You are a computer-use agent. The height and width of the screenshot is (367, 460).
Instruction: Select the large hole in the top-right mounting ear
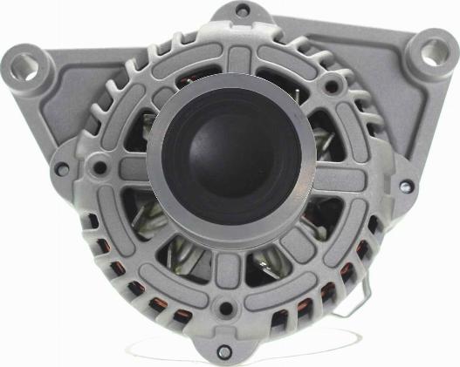(x=430, y=50)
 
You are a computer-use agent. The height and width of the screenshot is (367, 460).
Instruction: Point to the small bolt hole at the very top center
(x=241, y=11)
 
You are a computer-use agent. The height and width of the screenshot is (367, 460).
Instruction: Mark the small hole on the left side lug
(x=62, y=168)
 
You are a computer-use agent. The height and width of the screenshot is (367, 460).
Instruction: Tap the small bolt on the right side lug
(x=405, y=186)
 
